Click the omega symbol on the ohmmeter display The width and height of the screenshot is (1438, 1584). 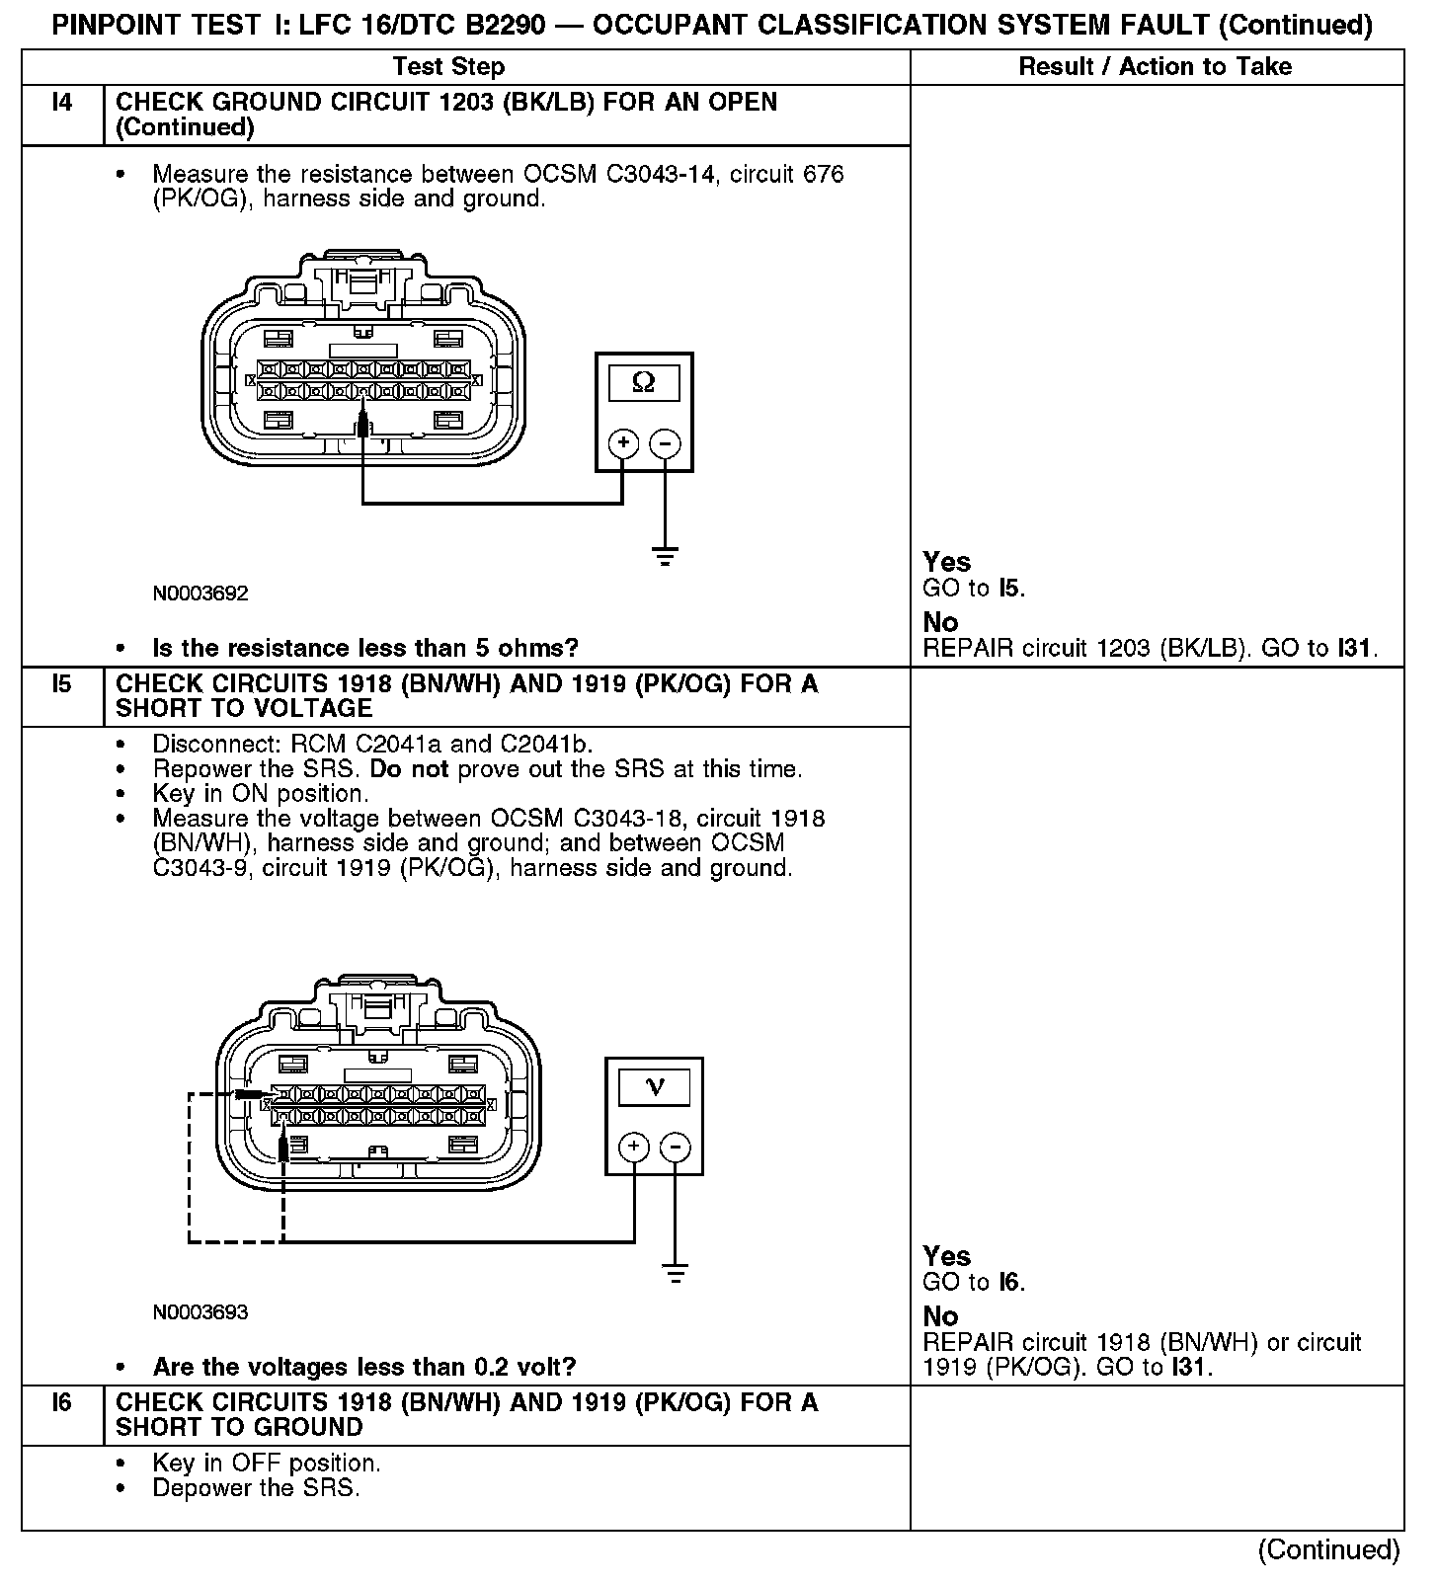tap(643, 382)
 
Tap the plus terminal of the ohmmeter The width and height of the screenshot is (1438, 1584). tap(623, 443)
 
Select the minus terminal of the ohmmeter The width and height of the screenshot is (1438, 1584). tap(666, 443)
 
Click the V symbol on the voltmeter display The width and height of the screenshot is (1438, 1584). tap(654, 1087)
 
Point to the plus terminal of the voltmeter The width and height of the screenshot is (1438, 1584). tap(634, 1147)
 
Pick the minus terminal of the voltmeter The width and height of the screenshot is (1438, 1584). tap(676, 1147)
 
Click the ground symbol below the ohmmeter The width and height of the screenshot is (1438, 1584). tap(666, 557)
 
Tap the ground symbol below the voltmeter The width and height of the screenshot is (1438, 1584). tap(676, 1274)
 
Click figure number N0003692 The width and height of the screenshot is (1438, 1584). tap(200, 594)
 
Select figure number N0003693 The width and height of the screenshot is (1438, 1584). tap(200, 1312)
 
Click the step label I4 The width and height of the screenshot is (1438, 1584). tap(61, 103)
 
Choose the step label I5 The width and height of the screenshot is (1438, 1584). tap(61, 683)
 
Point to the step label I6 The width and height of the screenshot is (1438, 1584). tap(61, 1402)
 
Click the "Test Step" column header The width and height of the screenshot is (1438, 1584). tap(448, 67)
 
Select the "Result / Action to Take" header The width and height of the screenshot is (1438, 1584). tap(1155, 67)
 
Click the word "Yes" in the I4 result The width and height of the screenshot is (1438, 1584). tap(946, 562)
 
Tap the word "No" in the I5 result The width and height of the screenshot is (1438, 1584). tap(940, 1316)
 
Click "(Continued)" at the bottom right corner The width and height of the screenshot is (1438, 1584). tap(1328, 1549)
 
